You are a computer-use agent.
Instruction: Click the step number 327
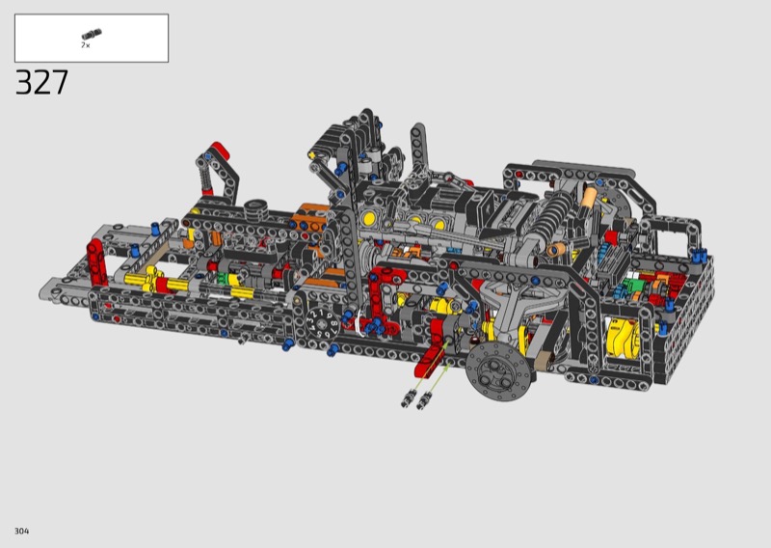click(41, 82)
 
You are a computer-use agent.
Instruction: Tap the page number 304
click(21, 531)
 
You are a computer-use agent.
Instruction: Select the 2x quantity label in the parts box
click(86, 45)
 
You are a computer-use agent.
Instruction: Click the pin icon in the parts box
click(92, 35)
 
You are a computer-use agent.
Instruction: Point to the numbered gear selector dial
click(322, 323)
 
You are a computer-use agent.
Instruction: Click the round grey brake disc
click(498, 371)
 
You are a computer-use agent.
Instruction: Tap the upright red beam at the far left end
click(97, 261)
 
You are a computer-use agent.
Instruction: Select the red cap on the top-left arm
click(220, 151)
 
